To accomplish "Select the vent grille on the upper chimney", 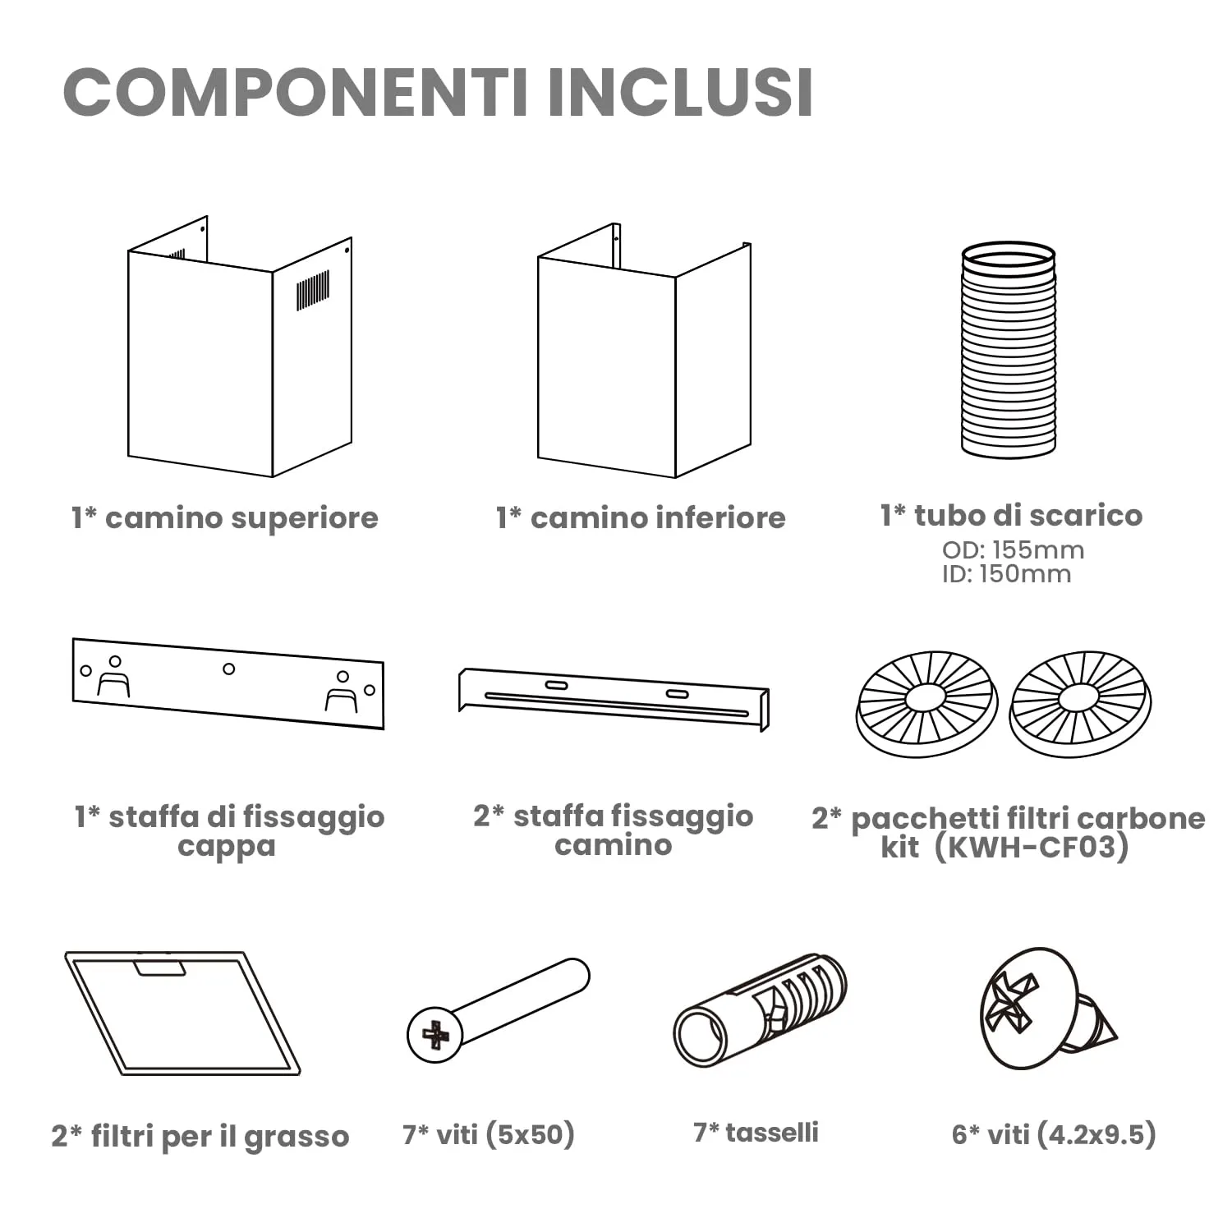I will pos(313,291).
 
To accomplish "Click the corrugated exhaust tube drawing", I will pos(1008,349).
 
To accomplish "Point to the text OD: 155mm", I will pos(1013,549).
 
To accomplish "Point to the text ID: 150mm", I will pos(1006,573).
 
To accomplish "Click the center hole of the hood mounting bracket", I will pos(229,669).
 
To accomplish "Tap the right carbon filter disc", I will pos(1079,702).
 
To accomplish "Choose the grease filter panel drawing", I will pos(182,1014).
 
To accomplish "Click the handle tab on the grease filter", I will pos(161,968).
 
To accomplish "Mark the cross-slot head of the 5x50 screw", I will pos(435,1035).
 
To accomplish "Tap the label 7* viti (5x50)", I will pos(489,1134).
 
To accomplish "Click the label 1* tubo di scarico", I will pos(1011,515).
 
